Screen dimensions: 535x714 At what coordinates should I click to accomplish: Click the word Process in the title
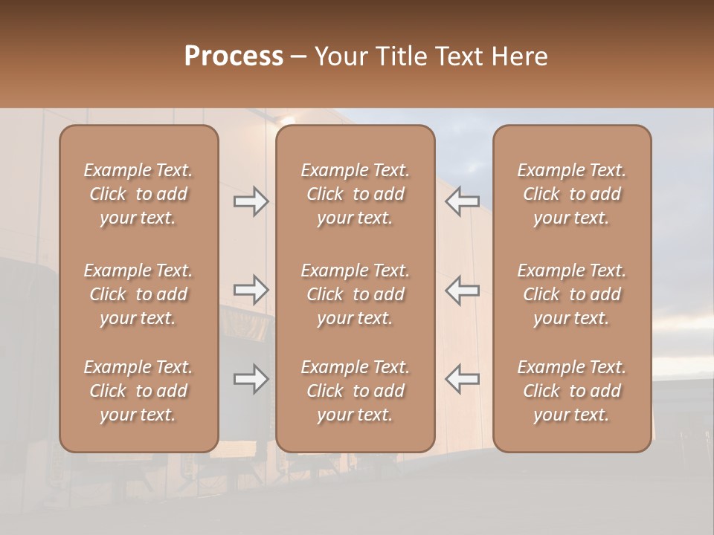[234, 56]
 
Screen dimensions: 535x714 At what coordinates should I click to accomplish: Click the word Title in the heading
[401, 56]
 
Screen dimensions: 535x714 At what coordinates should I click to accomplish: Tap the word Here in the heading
[518, 56]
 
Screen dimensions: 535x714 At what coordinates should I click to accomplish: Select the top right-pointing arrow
[251, 201]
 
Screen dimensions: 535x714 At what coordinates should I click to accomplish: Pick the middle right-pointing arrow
[251, 290]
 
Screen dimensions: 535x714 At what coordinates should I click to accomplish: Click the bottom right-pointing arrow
[251, 379]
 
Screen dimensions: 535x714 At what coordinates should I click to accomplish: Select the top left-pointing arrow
[463, 201]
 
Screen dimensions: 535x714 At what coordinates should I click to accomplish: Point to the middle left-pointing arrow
[463, 290]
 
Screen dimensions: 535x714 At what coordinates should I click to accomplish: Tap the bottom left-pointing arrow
[463, 379]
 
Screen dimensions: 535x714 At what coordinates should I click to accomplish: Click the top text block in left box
[138, 194]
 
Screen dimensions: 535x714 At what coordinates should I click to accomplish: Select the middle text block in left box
[138, 294]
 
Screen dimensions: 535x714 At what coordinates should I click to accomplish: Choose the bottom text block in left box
[138, 391]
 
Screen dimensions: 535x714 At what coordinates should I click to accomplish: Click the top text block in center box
[355, 194]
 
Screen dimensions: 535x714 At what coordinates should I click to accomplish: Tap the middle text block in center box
[355, 294]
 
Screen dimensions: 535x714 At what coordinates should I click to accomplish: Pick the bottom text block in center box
[355, 391]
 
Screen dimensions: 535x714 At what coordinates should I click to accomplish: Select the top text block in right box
[571, 194]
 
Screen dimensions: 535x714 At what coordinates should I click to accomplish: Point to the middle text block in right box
[571, 294]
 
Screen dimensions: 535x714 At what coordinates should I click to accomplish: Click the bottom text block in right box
[571, 391]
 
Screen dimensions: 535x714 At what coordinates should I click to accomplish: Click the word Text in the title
[459, 56]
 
